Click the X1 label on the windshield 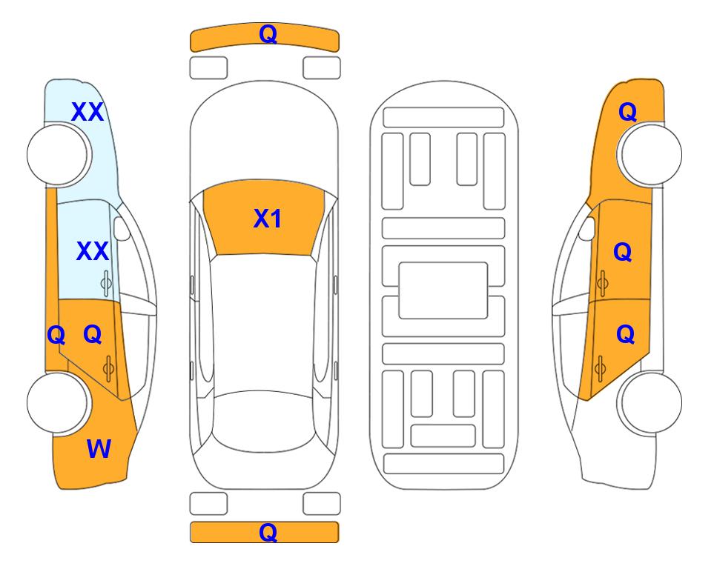click(x=268, y=219)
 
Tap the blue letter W click(x=99, y=449)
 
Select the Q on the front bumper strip click(x=268, y=34)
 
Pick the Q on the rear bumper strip click(x=268, y=532)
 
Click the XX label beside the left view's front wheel click(x=87, y=112)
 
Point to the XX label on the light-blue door click(x=93, y=251)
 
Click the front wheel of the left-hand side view click(x=58, y=154)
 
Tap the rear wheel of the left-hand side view click(x=58, y=402)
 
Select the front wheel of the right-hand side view click(x=651, y=154)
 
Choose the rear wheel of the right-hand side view click(x=651, y=402)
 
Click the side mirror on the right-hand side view click(x=587, y=229)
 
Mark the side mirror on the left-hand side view click(x=122, y=229)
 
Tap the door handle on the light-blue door click(x=106, y=283)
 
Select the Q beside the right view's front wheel click(x=627, y=112)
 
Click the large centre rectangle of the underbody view click(x=443, y=290)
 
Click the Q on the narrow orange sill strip click(x=56, y=336)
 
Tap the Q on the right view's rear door click(x=625, y=334)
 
